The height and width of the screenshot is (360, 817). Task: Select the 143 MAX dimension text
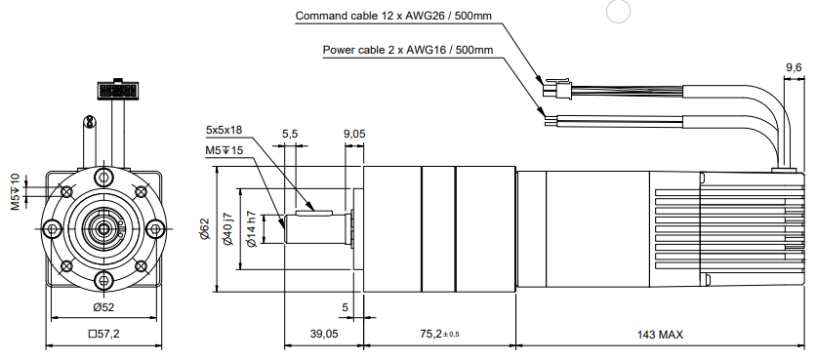[x=660, y=335]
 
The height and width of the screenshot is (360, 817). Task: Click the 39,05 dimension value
[x=324, y=334]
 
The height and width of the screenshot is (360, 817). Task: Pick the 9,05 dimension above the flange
[x=354, y=134]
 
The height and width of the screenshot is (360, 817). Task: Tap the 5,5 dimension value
[x=290, y=134]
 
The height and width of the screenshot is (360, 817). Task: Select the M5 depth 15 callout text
[x=225, y=150]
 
